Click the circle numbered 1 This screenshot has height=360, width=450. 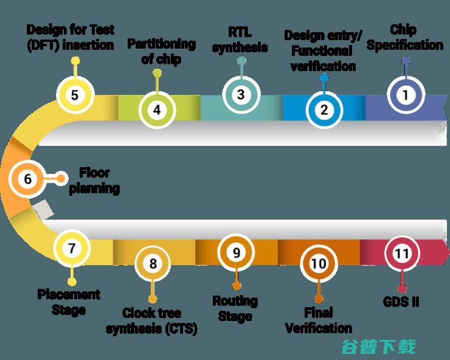click(x=406, y=95)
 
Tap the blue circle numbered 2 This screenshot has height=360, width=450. click(x=324, y=109)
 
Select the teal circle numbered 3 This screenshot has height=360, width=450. click(x=241, y=94)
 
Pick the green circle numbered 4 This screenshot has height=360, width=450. click(x=157, y=109)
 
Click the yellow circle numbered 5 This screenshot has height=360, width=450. click(x=75, y=95)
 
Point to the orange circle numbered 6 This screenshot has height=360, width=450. click(x=27, y=179)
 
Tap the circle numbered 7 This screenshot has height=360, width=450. click(x=72, y=248)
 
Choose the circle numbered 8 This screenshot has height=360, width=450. click(x=153, y=263)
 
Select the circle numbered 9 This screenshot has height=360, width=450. click(x=236, y=252)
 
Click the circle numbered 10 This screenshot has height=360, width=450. click(x=319, y=263)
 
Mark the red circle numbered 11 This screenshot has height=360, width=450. click(x=402, y=253)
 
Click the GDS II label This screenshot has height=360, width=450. click(x=401, y=302)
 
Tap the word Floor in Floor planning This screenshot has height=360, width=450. click(x=94, y=173)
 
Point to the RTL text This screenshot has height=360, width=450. click(x=240, y=32)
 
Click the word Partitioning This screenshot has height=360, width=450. click(x=161, y=44)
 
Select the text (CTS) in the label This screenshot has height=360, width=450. click(x=181, y=328)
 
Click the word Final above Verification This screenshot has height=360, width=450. click(x=319, y=313)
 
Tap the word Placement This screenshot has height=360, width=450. click(x=69, y=294)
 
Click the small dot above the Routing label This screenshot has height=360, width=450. click(x=236, y=286)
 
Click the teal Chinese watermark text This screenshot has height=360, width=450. click(x=378, y=347)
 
